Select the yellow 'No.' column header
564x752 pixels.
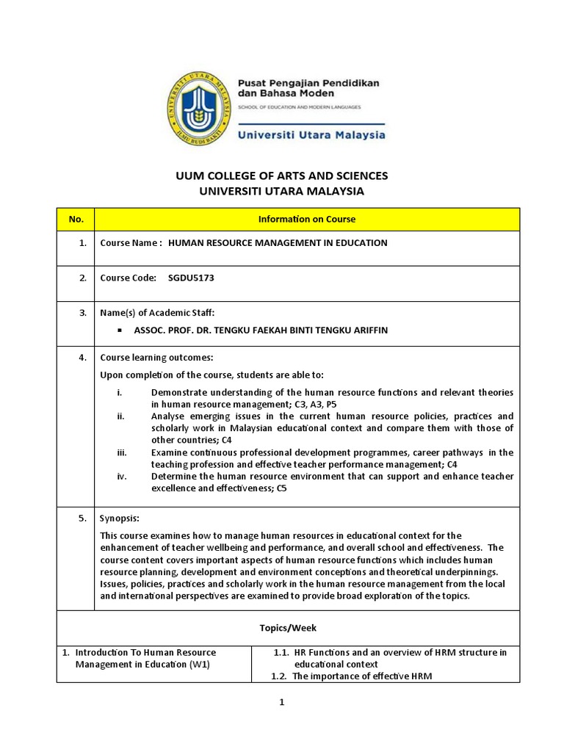[76, 219]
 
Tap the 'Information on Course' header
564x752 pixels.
[307, 219]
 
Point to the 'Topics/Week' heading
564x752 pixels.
[288, 629]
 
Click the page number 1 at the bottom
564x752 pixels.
[281, 702]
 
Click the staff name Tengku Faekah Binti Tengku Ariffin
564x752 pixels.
[261, 330]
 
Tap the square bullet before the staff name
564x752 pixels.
[119, 330]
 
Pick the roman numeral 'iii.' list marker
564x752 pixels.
[122, 452]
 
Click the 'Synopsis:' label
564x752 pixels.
[119, 518]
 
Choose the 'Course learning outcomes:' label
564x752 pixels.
[156, 358]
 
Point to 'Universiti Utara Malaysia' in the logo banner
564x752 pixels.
[311, 135]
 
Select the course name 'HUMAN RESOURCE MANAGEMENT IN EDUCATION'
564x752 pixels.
[278, 242]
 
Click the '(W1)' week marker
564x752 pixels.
[199, 665]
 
